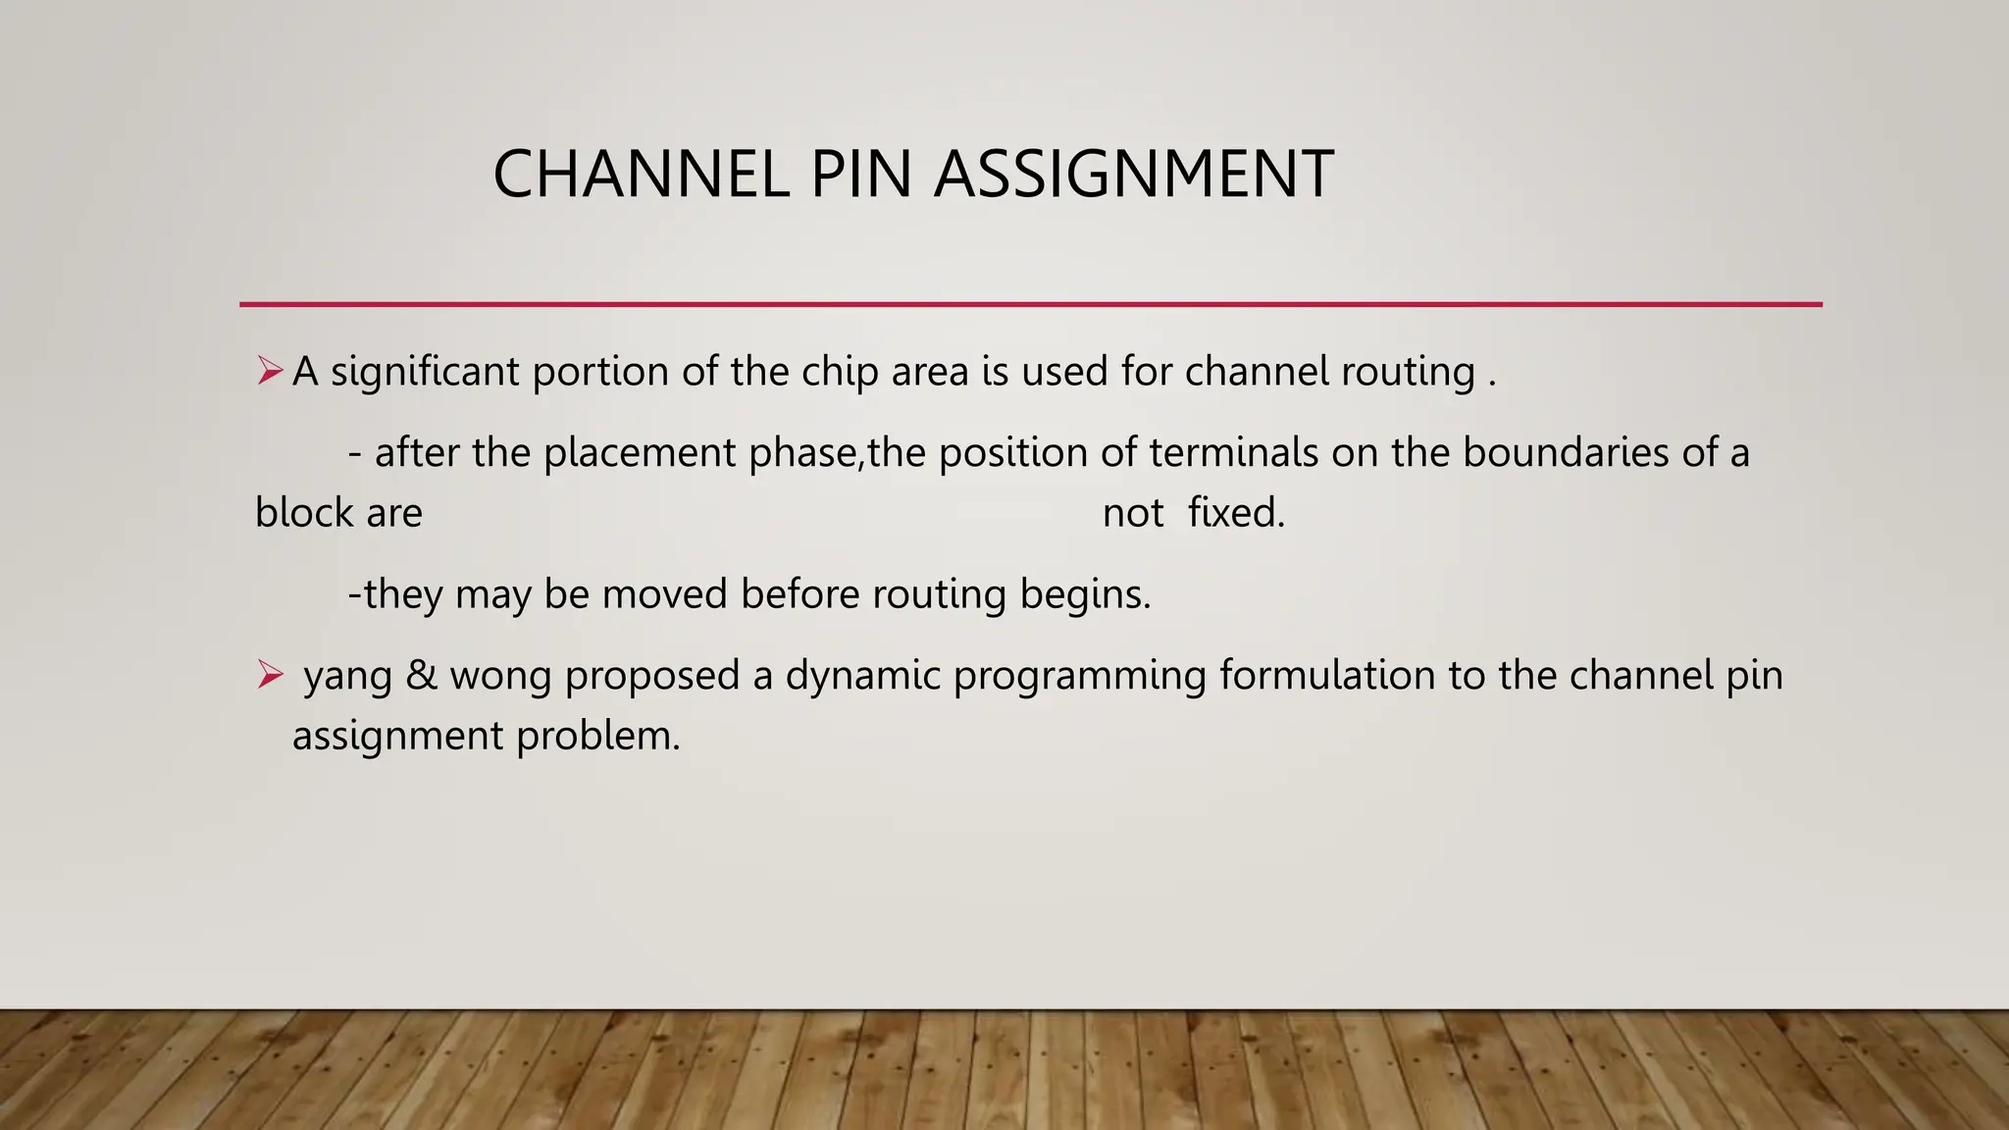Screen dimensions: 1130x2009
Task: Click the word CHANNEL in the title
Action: [x=641, y=175]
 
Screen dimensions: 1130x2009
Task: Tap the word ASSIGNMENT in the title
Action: [x=1133, y=175]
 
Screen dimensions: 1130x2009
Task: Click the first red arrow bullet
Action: [x=269, y=371]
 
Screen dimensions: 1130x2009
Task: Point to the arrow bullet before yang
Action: [x=269, y=674]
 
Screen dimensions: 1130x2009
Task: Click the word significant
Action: [x=424, y=373]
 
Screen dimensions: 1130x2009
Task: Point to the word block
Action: [x=295, y=513]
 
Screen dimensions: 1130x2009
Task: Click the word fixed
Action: [x=1236, y=513]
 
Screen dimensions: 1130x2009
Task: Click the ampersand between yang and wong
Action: [x=421, y=676]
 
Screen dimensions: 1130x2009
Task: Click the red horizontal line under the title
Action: [x=1030, y=304]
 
